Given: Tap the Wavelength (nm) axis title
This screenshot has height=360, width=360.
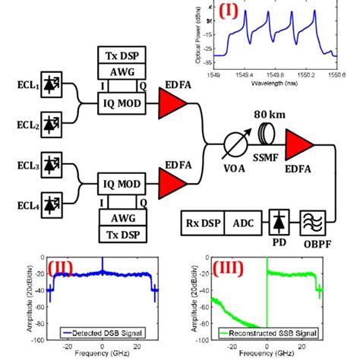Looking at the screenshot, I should point(274,82).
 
